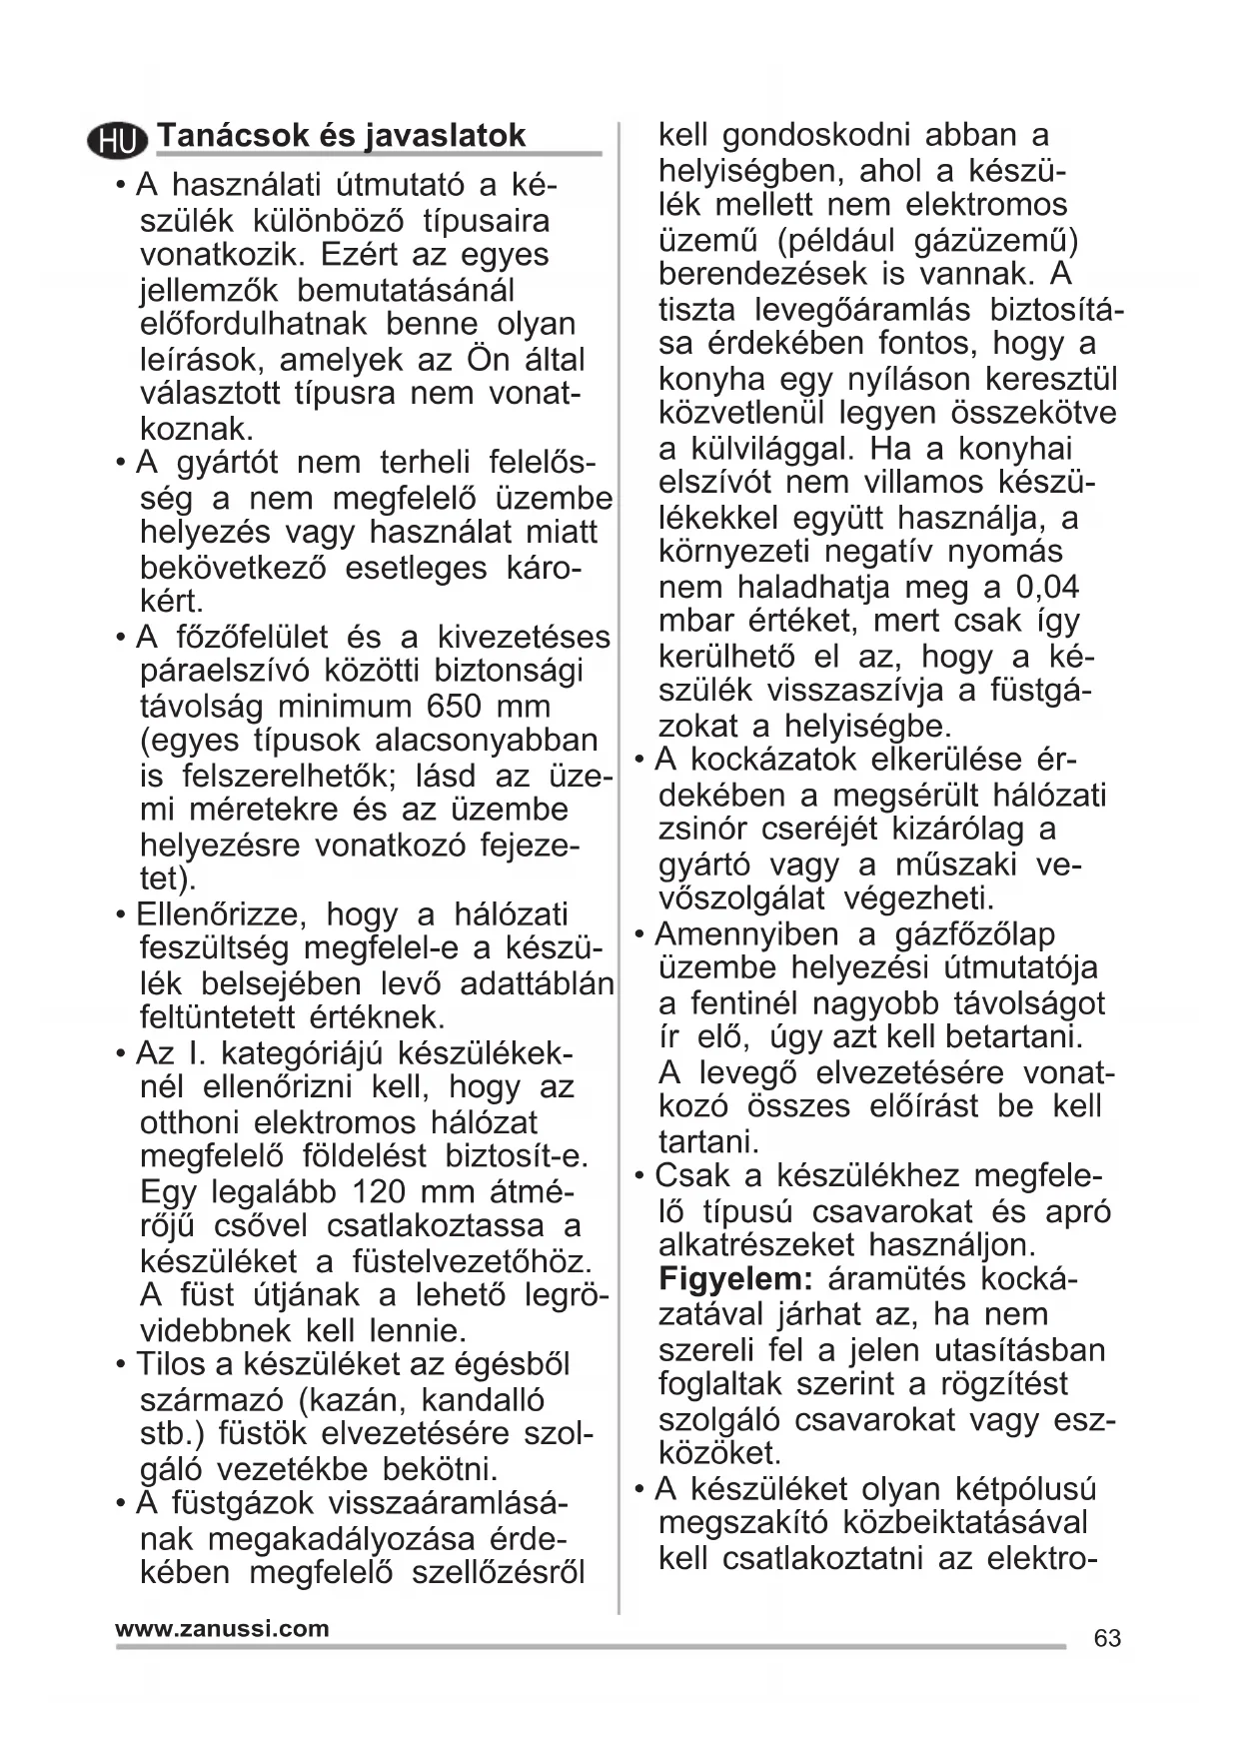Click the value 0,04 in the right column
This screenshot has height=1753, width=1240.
pos(1046,587)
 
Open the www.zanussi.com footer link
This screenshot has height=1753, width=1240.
pos(222,1628)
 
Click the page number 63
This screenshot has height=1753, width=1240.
pos(1107,1638)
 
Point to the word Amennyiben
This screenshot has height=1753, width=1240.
pos(746,934)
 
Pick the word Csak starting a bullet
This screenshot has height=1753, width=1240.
pos(688,1176)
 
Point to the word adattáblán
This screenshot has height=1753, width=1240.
pos(537,984)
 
